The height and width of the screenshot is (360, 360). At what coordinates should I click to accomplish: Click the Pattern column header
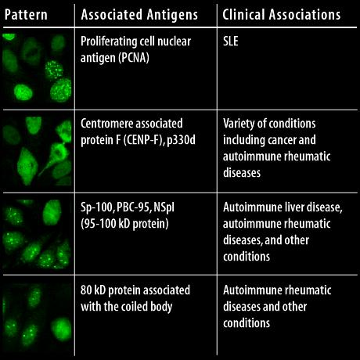(26, 15)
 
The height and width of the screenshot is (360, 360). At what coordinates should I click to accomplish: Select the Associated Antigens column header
(139, 15)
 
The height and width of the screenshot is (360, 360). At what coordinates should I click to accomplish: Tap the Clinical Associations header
(282, 15)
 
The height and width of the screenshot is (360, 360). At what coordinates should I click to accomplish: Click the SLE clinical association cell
(231, 41)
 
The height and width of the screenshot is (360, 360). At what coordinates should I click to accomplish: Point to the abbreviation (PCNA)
(133, 57)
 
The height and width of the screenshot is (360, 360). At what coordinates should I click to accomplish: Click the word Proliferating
(110, 41)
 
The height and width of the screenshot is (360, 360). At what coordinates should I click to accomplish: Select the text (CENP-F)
(142, 140)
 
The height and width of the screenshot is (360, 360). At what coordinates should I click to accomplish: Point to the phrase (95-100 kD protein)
(124, 224)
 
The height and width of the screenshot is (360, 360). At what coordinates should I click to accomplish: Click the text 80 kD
(93, 290)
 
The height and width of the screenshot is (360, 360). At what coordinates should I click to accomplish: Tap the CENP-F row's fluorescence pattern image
(37, 151)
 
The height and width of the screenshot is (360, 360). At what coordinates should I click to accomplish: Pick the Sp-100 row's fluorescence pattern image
(37, 234)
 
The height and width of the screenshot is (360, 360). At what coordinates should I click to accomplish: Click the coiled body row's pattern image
(37, 317)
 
